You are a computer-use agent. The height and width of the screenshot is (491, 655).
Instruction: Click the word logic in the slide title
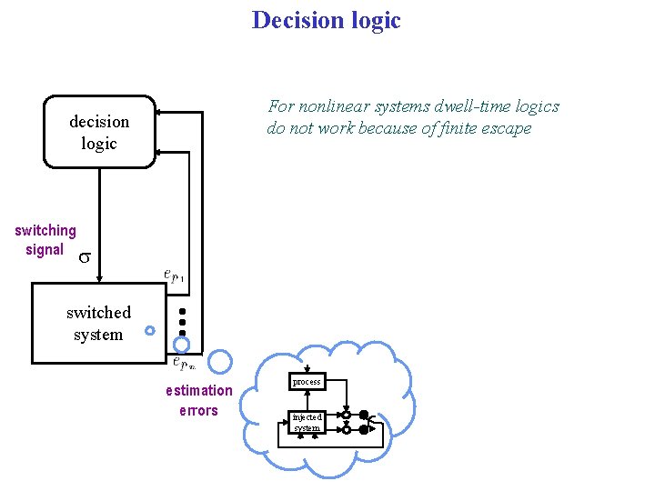pyautogui.click(x=373, y=20)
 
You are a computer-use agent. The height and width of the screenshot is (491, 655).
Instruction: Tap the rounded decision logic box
pyautogui.click(x=99, y=133)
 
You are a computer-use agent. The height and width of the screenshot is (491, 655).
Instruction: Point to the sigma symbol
pyautogui.click(x=83, y=257)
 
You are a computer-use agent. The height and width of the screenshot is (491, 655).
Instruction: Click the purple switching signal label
pyautogui.click(x=45, y=240)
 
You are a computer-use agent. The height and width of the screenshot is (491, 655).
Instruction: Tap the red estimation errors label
pyautogui.click(x=198, y=400)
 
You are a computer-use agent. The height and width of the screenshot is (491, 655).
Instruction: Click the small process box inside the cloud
pyautogui.click(x=306, y=382)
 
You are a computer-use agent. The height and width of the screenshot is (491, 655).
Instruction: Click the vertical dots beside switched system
pyautogui.click(x=182, y=323)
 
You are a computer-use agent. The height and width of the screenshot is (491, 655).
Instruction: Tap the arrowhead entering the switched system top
pyautogui.click(x=100, y=277)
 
